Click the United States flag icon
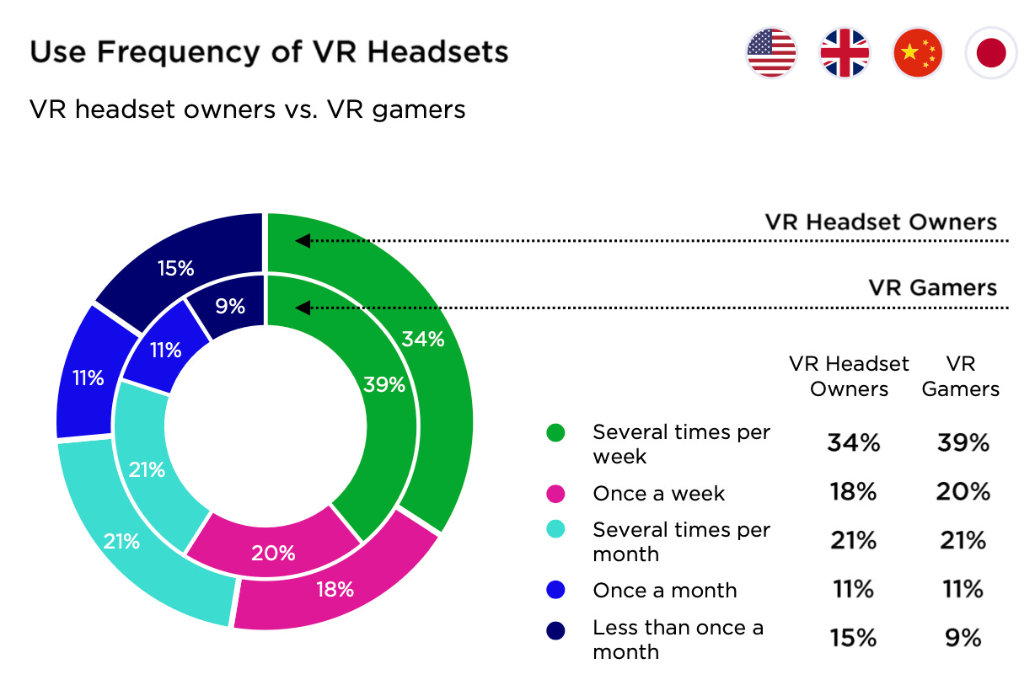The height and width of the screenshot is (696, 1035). [x=771, y=53]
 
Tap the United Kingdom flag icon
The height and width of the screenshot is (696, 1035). [x=845, y=53]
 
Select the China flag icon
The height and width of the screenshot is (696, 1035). [x=918, y=53]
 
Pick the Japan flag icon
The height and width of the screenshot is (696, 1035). [x=991, y=53]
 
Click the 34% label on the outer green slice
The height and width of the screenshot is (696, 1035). [x=422, y=339]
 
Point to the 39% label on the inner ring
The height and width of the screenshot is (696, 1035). [x=383, y=384]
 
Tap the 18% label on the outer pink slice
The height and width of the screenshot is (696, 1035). [x=335, y=589]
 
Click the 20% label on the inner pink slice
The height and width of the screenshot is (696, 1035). [x=273, y=553]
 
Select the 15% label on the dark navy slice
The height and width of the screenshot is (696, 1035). [x=175, y=268]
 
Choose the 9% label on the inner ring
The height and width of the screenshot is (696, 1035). [x=229, y=306]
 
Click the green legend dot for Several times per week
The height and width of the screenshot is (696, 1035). [x=555, y=433]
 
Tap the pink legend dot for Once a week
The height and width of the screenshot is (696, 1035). [x=555, y=494]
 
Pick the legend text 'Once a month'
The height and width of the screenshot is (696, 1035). [x=664, y=590]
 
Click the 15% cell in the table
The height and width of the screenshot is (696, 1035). [x=853, y=638]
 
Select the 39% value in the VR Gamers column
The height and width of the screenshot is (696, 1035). [x=963, y=442]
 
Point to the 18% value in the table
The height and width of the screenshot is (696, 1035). [x=853, y=492]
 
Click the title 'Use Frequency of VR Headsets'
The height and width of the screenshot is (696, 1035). [x=269, y=52]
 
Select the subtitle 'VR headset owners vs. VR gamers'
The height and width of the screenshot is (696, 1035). [x=247, y=110]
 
